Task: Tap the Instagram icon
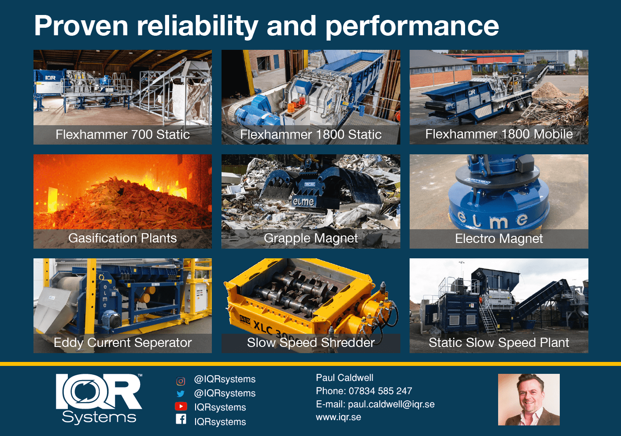coord(181,380)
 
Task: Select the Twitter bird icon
coord(181,394)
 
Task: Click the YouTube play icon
coord(181,406)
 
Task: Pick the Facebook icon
coord(181,419)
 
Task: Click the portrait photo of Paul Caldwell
coord(529,399)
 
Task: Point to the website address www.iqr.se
coord(338,417)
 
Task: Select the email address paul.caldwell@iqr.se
coord(391,404)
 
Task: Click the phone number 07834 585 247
coord(380,391)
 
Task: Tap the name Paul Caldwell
coord(344,378)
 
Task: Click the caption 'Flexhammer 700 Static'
coord(122,134)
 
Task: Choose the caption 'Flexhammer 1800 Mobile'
coord(499,134)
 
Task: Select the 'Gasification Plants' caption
coord(122,238)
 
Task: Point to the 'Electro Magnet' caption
coord(499,238)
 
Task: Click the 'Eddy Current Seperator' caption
coord(122,343)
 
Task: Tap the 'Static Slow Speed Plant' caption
coord(499,343)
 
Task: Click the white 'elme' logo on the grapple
coord(303,201)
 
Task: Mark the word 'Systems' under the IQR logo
coord(99,417)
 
